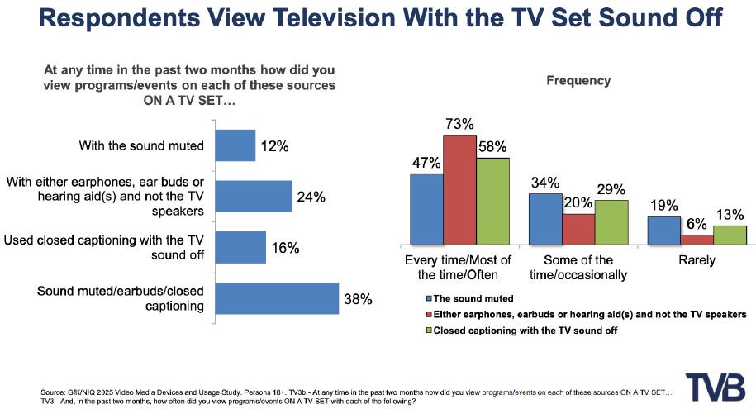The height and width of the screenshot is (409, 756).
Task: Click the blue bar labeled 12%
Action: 235,145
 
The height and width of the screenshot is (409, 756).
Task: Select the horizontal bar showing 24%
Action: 254,197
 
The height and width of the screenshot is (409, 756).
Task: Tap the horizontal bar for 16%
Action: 240,247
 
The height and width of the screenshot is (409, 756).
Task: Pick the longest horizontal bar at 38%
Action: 277,298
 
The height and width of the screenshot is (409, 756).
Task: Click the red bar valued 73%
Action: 460,190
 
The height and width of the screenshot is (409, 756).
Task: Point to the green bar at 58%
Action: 493,202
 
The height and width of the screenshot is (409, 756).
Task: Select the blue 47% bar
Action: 427,210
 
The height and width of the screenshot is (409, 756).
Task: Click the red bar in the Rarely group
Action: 697,240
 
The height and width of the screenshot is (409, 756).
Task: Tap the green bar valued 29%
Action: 611,222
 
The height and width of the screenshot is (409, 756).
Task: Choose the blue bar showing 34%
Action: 545,219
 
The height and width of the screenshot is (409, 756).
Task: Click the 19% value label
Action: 663,205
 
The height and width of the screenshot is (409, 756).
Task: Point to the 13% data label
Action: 730,214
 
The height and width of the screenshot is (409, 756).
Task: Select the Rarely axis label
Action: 696,261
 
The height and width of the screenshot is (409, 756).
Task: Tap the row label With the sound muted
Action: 141,146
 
